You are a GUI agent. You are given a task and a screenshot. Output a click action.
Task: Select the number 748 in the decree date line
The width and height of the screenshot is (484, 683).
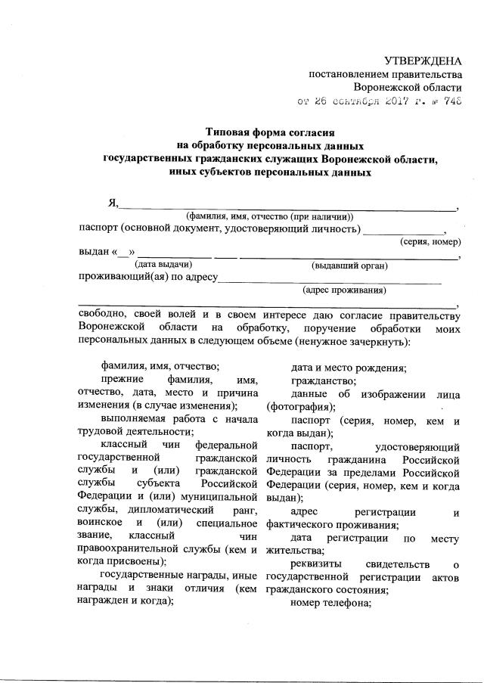[451, 100]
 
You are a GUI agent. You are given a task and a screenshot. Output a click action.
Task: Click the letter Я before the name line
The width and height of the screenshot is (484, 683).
[113, 203]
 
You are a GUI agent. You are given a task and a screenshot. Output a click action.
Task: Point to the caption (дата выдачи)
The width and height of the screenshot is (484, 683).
[163, 265]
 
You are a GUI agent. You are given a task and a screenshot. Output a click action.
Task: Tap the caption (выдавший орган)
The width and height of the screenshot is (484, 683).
[349, 265]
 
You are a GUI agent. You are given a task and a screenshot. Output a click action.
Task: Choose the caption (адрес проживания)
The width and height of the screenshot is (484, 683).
[344, 290]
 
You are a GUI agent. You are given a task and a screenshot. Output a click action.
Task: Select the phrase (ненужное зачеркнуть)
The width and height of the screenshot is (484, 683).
[355, 341]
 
